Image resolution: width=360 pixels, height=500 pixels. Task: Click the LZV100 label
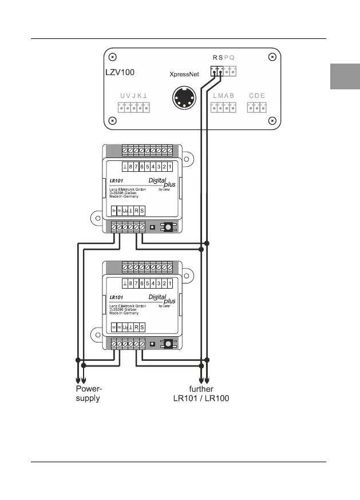(120, 73)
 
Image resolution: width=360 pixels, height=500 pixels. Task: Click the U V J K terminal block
(134, 107)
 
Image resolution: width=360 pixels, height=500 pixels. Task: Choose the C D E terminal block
(256, 107)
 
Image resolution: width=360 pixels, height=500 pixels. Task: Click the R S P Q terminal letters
(224, 58)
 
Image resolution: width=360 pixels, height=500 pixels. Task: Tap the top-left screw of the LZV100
(113, 57)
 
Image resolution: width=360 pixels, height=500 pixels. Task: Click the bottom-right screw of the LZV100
(272, 120)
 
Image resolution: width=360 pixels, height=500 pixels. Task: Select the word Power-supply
(89, 393)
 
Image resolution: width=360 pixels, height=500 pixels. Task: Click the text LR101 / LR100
(201, 398)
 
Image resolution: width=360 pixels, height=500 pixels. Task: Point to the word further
(201, 389)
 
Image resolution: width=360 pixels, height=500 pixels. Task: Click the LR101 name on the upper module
(117, 181)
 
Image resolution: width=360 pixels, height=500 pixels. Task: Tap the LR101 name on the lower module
(117, 297)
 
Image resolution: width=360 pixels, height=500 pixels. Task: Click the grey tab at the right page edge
(345, 76)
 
